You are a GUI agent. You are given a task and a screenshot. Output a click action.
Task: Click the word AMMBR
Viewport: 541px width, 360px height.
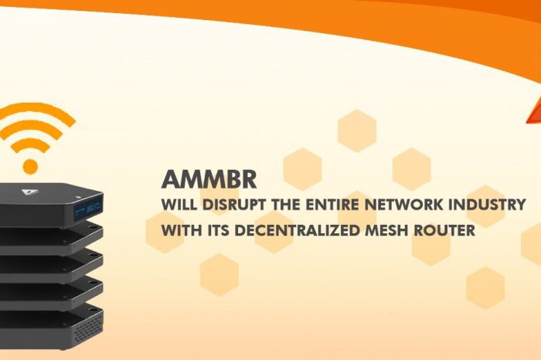point(209,180)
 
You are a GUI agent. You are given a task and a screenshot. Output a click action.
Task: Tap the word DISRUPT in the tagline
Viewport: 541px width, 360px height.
point(234,205)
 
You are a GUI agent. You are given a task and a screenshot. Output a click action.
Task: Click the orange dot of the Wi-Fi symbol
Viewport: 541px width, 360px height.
point(30,167)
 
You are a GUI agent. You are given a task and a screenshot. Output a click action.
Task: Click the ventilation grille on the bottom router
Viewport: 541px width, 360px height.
point(88,328)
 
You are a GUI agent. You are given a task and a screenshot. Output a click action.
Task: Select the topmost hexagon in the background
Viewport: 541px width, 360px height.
point(357,131)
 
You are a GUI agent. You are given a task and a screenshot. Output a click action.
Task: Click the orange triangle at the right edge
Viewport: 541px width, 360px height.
point(534,111)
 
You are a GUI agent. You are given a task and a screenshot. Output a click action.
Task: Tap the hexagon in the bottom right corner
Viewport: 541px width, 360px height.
point(485,287)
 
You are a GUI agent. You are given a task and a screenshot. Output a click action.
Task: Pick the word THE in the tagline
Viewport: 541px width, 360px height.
point(286,205)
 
